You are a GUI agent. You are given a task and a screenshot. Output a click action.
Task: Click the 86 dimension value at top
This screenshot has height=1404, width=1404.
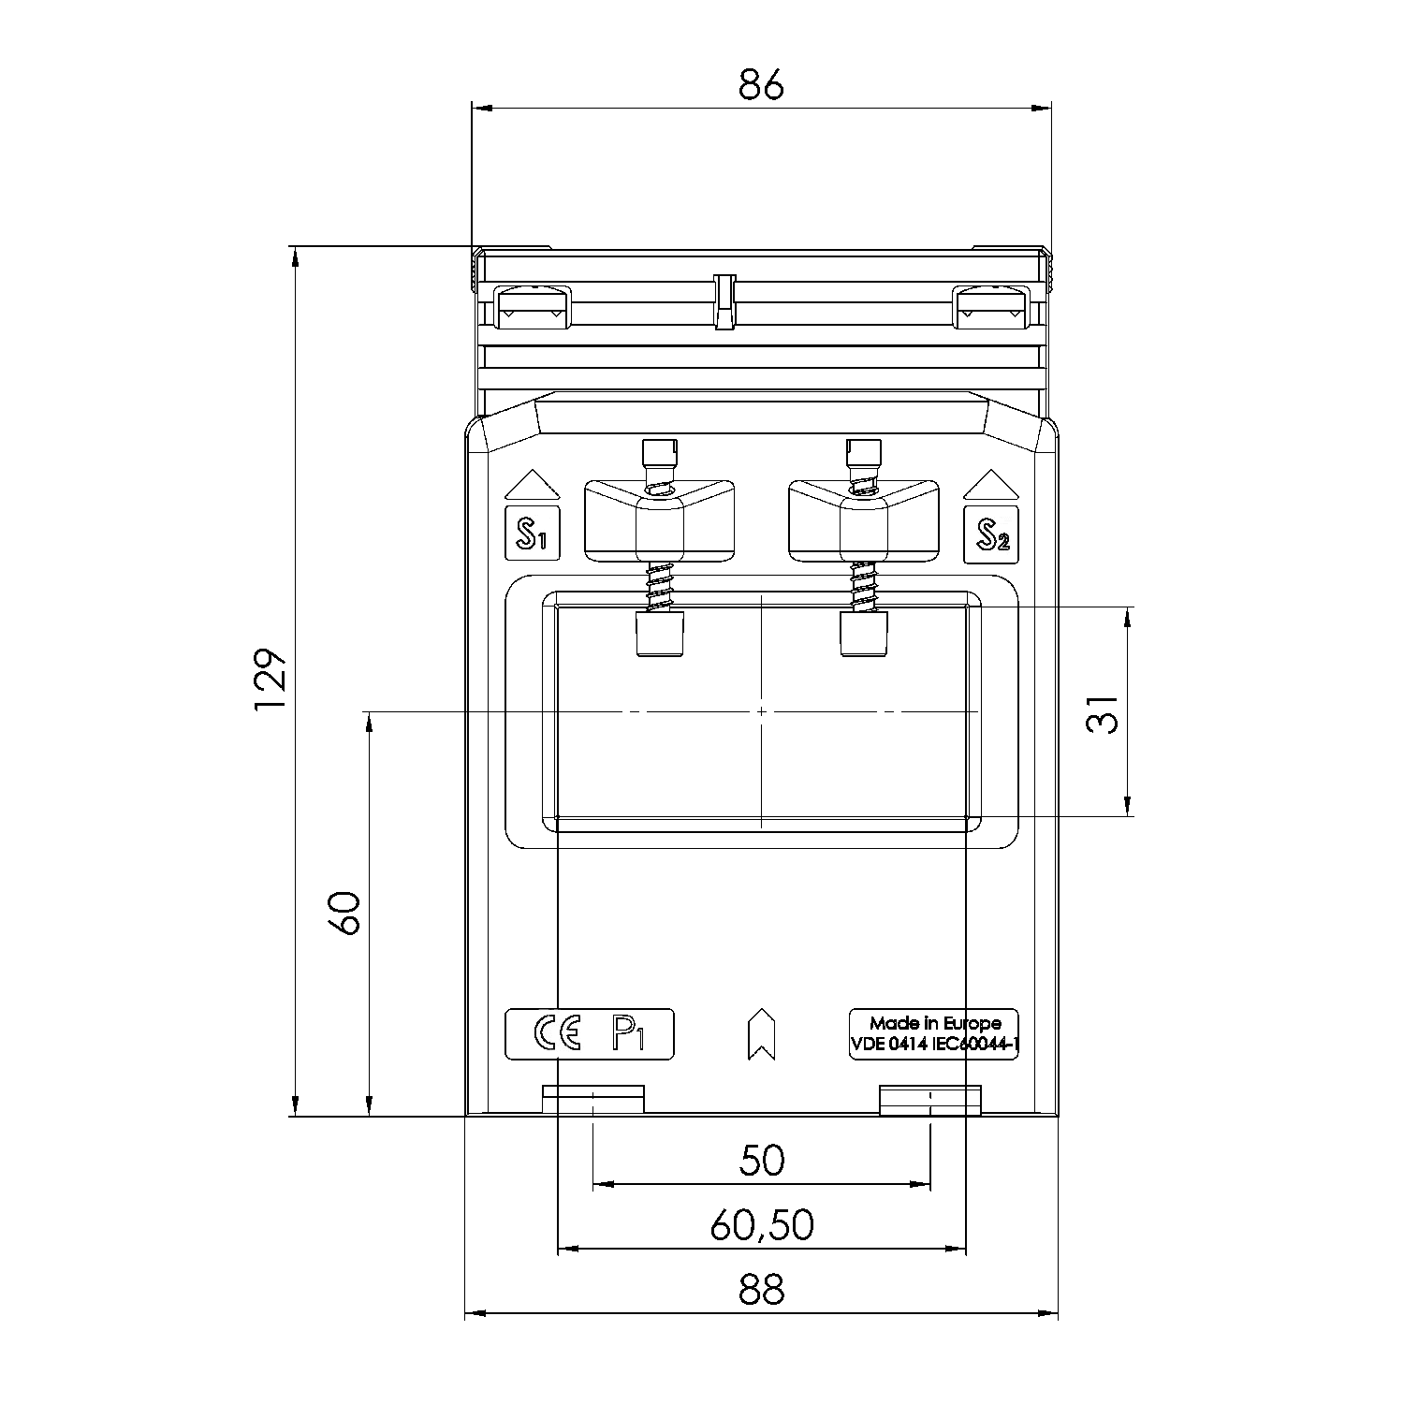click(x=760, y=85)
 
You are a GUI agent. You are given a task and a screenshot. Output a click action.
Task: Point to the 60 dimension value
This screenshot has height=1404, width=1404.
click(x=344, y=913)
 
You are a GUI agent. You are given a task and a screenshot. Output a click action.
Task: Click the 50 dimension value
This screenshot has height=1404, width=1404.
click(x=761, y=1160)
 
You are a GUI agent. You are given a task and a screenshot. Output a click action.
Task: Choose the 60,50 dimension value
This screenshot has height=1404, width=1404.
click(x=761, y=1225)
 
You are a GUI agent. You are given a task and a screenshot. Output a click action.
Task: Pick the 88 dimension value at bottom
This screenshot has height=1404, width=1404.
click(x=760, y=1290)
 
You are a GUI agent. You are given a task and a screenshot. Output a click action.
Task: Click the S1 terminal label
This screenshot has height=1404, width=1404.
click(x=532, y=534)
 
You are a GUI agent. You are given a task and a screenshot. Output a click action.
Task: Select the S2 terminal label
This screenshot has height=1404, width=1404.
click(x=991, y=534)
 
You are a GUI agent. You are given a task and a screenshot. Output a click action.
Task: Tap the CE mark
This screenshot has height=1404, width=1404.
click(x=557, y=1033)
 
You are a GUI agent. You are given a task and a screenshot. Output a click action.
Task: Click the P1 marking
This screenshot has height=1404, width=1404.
click(x=628, y=1033)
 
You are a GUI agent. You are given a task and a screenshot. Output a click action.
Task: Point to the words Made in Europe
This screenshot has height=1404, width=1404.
click(x=934, y=1023)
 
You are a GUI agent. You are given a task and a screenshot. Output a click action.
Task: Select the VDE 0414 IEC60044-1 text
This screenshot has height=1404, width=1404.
click(x=934, y=1046)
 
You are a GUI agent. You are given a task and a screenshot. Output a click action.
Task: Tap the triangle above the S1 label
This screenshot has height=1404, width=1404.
click(x=532, y=485)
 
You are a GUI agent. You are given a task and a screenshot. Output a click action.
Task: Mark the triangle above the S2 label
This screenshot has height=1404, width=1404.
click(x=991, y=485)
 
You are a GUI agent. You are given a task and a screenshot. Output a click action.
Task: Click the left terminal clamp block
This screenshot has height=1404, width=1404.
click(x=659, y=521)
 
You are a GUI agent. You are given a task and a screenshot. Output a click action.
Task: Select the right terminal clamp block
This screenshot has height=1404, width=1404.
click(x=864, y=521)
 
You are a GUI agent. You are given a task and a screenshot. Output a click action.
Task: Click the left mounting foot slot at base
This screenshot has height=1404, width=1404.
click(x=593, y=1100)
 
